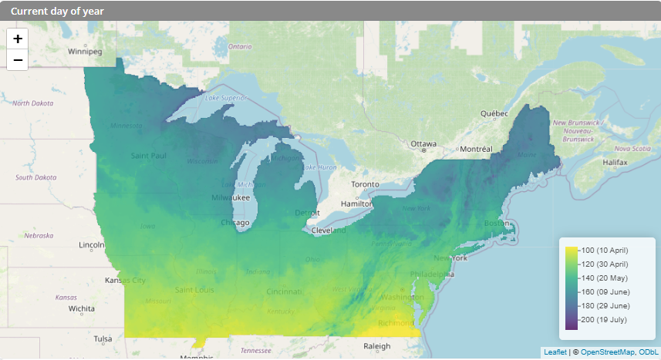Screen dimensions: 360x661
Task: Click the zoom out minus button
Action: (17, 59)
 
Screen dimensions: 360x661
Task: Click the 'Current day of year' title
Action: (57, 12)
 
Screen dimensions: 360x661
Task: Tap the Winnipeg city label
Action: (85, 52)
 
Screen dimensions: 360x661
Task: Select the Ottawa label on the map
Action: (423, 144)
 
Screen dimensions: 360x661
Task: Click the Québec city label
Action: (494, 113)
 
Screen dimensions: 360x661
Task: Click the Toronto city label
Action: (365, 185)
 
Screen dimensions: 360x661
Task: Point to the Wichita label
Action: (81, 308)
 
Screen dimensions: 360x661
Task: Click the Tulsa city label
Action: (103, 339)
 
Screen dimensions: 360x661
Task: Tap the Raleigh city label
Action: (377, 346)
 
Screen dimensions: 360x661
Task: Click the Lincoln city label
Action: (91, 245)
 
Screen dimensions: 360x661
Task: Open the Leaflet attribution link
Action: (555, 352)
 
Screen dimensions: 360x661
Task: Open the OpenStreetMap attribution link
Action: (608, 352)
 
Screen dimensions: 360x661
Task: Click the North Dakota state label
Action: (32, 103)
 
